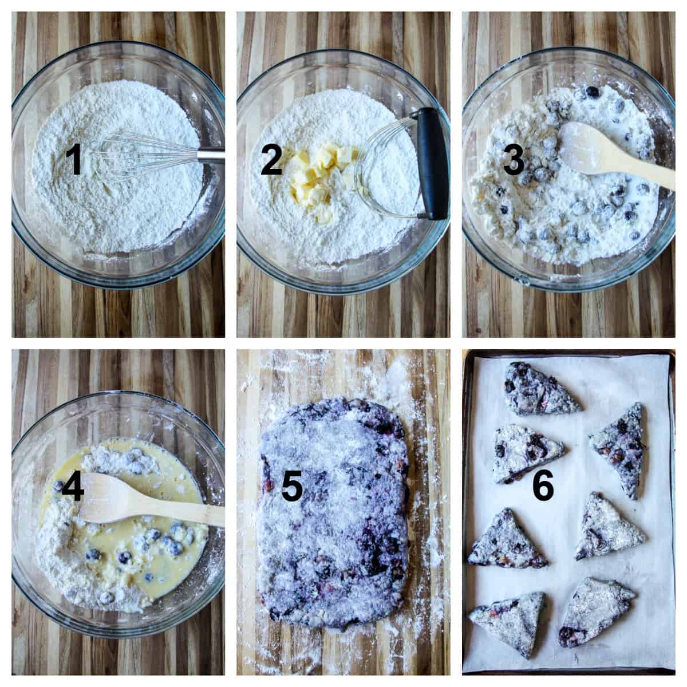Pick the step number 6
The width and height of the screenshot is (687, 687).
tap(543, 487)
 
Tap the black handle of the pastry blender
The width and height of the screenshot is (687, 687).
tap(431, 163)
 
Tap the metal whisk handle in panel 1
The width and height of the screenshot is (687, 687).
tap(212, 155)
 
